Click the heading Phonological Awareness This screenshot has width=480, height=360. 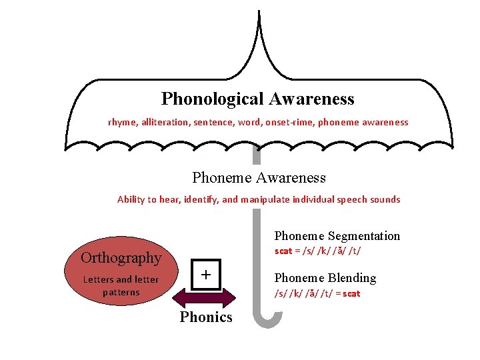257,99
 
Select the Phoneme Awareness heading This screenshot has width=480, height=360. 259,178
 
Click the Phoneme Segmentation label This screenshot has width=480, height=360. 337,236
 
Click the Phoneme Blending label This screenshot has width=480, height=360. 325,278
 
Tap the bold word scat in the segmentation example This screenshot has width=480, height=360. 283,251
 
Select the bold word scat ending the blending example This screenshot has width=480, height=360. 351,293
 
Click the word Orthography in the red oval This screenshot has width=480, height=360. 121,258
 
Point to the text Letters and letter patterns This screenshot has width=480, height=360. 121,286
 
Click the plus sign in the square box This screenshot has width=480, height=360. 206,275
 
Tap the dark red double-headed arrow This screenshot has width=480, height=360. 205,297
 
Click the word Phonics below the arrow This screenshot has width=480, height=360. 206,317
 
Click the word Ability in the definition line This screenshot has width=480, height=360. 131,199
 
